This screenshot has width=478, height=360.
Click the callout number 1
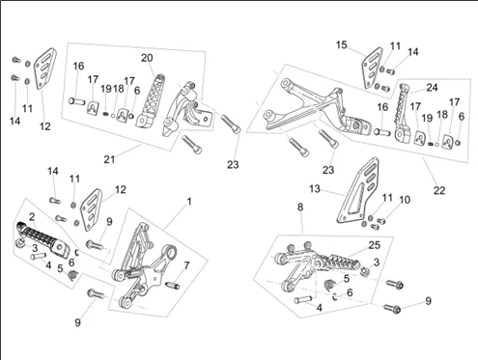pos(189,202)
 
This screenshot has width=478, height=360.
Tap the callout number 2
pos(32,217)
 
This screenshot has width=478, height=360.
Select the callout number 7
pos(186,265)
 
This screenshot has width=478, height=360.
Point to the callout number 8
pos(300,208)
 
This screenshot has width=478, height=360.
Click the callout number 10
pos(405,200)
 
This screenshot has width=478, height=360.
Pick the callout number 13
pos(315,188)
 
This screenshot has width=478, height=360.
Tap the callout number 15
pos(342,44)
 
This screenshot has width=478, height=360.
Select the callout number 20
pos(147,58)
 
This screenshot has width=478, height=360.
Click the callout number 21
pos(109,159)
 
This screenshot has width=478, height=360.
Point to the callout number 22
pos(439,190)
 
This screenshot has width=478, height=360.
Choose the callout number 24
pos(432,87)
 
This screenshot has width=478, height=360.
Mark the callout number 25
pos(375,245)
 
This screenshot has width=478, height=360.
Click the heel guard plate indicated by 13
pos(357,190)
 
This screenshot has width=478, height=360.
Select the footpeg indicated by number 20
pos(151,100)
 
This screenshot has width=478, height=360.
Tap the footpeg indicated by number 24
pos(403,112)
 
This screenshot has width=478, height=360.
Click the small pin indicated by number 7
pos(173,286)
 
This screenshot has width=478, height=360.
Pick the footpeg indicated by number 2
pos(43,238)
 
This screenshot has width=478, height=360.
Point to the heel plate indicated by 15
pos(372,68)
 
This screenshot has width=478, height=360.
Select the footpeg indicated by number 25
pos(340,262)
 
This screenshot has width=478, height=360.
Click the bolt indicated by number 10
pos(381,221)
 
